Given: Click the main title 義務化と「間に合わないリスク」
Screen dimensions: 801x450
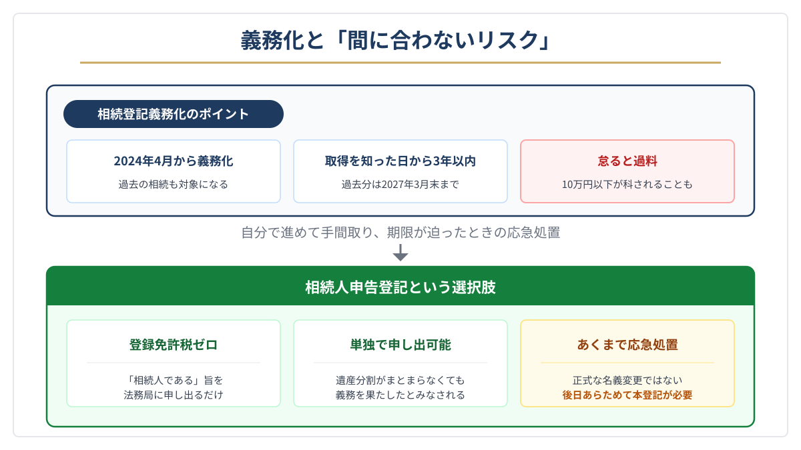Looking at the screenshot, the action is click(396, 40).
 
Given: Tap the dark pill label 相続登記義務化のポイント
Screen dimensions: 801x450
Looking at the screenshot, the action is click(174, 114).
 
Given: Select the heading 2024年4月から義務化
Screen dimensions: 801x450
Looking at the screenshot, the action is click(174, 161).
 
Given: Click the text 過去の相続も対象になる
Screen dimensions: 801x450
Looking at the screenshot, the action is click(174, 184).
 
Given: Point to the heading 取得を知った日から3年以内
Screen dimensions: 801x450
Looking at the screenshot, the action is click(400, 161).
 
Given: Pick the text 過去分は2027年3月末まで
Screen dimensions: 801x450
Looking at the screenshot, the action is click(400, 184).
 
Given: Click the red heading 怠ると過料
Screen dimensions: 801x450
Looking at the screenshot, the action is click(627, 161).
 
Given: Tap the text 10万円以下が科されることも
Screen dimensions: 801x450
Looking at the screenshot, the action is click(627, 184).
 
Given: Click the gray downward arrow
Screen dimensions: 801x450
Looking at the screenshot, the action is click(400, 253).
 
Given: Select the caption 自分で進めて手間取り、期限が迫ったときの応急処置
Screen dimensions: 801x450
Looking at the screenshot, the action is click(400, 233).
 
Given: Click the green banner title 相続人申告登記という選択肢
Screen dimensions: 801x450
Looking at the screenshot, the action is click(400, 287).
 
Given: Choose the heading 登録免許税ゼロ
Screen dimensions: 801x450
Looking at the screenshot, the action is click(174, 345).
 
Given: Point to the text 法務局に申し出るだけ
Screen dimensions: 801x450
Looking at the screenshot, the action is click(174, 395).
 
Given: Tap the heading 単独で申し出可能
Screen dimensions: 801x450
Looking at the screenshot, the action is click(400, 345).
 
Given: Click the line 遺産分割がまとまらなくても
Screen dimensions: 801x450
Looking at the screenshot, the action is click(400, 380).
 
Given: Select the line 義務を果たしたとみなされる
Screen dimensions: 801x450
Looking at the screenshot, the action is click(400, 395).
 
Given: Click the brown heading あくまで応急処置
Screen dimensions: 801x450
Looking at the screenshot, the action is click(627, 345).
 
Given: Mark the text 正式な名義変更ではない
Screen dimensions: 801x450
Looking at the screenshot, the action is click(627, 380).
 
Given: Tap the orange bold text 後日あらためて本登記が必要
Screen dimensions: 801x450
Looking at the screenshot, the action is click(627, 395).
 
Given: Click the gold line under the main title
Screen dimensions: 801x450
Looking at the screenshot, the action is click(400, 63).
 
